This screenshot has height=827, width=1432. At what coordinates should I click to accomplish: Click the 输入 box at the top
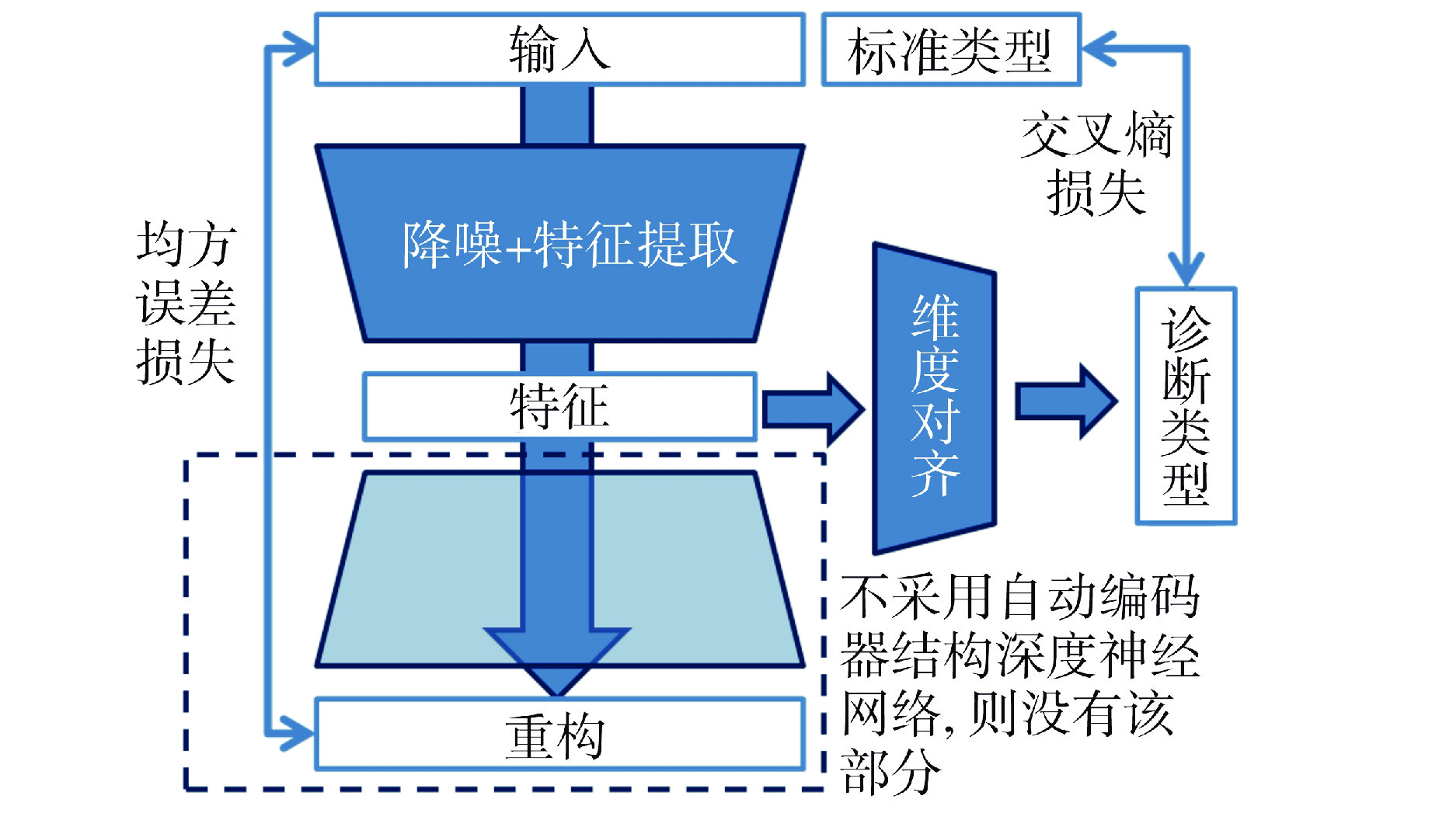[559, 49]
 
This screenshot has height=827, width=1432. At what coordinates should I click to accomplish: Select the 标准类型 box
[950, 50]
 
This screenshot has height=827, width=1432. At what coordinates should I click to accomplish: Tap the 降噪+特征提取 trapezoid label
[569, 245]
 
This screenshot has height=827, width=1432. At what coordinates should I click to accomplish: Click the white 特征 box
[559, 406]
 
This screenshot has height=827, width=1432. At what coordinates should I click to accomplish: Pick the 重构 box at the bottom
[559, 735]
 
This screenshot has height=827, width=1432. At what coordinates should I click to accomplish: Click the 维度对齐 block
[935, 398]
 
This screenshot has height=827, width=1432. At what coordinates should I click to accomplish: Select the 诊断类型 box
[1186, 406]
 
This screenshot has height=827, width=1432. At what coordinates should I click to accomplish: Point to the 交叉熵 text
[1096, 135]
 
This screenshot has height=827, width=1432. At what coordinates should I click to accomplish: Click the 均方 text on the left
[186, 243]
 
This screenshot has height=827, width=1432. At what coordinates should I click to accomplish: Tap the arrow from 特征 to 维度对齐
[812, 409]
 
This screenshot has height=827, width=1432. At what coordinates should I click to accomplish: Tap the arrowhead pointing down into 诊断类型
[1186, 269]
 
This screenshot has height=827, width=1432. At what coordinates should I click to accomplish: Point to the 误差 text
[186, 303]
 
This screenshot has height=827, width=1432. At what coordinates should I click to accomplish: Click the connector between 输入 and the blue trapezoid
[557, 115]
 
